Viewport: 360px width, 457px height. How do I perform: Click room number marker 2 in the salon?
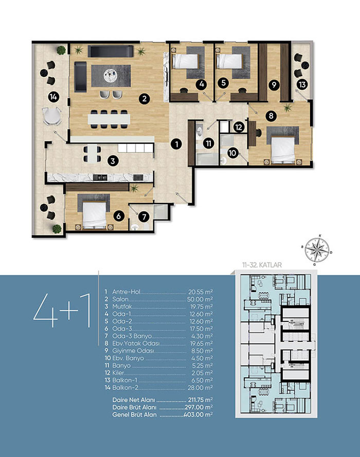(x=145, y=99)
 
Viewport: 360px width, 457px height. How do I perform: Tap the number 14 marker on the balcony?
(x=53, y=97)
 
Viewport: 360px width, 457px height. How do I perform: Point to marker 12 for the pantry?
(x=239, y=127)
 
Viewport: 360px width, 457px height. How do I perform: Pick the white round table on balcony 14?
(x=52, y=116)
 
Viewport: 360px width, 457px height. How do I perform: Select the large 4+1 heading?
(x=62, y=310)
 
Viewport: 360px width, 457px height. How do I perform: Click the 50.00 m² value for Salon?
(x=200, y=299)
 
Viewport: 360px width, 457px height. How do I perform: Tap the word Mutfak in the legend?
(x=122, y=306)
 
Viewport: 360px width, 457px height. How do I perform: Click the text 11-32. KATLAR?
(x=262, y=265)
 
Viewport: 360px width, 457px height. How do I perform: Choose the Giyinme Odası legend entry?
(x=133, y=351)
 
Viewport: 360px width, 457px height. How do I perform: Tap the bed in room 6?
(x=94, y=215)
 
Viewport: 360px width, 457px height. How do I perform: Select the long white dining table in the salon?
(x=109, y=119)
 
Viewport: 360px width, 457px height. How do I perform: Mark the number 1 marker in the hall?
(x=176, y=144)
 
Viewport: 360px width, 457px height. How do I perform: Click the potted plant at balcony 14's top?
(x=61, y=50)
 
